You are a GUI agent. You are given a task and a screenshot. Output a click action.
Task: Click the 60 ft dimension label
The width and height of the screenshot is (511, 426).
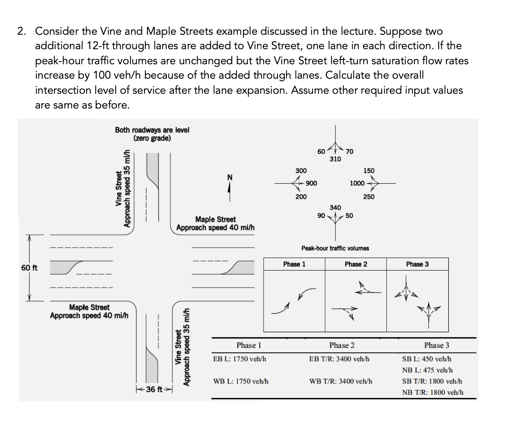(29, 268)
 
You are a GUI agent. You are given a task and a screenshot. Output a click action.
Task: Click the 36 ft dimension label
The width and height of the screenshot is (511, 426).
(154, 389)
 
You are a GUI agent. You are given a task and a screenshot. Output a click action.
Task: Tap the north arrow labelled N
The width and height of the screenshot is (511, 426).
(229, 187)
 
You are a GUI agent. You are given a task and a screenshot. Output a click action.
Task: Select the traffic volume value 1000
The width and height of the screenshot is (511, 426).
(357, 183)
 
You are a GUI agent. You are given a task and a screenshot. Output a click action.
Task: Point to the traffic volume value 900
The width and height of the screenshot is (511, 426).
(311, 183)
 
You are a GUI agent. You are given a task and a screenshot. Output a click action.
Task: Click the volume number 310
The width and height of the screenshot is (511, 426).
(335, 159)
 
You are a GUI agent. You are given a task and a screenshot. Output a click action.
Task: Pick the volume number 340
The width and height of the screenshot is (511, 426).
(335, 207)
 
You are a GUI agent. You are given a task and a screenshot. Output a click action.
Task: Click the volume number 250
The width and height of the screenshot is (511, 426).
(369, 197)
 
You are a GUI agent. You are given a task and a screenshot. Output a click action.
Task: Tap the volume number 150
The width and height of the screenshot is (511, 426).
(369, 171)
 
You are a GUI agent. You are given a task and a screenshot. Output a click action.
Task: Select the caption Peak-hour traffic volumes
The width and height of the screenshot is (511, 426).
(335, 248)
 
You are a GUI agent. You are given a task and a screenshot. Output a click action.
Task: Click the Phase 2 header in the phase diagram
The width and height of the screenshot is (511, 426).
(356, 264)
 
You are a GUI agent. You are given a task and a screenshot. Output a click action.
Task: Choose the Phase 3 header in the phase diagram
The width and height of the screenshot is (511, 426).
(417, 264)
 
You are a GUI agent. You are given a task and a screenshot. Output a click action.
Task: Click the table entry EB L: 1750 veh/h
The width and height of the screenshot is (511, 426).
(240, 359)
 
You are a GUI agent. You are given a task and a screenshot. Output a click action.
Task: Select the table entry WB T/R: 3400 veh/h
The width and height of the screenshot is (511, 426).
(340, 381)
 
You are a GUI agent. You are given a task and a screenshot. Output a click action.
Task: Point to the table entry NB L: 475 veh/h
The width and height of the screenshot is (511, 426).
(427, 370)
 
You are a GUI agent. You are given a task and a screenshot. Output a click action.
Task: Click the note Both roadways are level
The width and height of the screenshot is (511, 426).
(152, 130)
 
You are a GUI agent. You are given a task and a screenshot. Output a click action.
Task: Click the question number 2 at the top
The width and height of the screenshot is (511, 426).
(21, 31)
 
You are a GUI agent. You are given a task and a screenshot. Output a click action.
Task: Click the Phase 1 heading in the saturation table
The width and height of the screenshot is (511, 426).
(249, 345)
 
